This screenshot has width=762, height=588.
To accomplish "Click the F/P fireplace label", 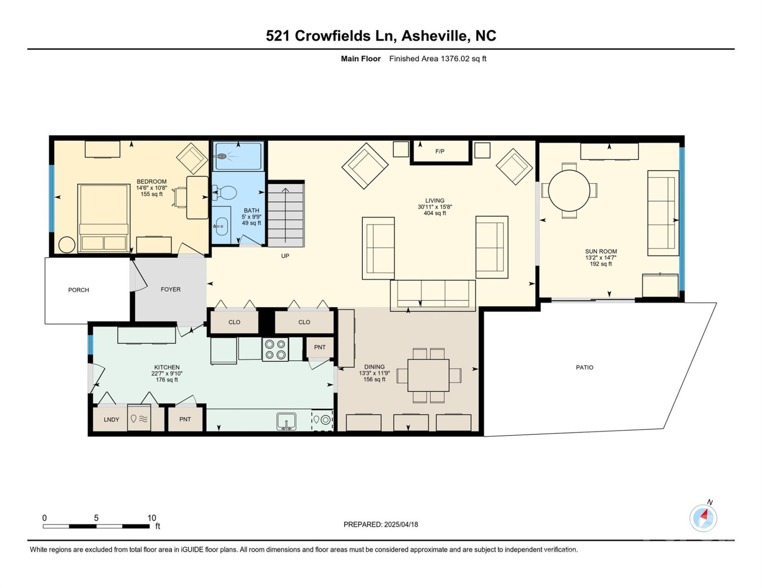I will [439, 151].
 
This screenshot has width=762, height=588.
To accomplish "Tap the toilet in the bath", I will [226, 192].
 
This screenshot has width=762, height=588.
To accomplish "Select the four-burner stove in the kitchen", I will [275, 350].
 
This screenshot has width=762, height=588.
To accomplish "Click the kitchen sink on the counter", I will [286, 421].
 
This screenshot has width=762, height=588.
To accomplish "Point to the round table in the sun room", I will [569, 190].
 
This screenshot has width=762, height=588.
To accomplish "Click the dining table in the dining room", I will [428, 375].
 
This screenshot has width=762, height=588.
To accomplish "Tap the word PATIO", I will [584, 367].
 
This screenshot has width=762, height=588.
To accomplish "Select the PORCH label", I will [78, 290].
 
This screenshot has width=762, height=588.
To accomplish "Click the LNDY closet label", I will [111, 419].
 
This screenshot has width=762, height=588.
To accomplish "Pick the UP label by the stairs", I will [285, 256].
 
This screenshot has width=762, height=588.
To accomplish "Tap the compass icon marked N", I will [703, 518].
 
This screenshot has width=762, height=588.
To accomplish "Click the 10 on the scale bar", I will [152, 518].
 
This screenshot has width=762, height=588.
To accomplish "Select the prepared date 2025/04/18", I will [401, 525].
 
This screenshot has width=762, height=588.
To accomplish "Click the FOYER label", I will [170, 290].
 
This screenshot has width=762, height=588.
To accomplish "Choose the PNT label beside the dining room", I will [320, 347].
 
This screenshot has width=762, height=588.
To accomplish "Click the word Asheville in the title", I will [434, 36].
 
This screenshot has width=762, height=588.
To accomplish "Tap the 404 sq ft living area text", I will [435, 213].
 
